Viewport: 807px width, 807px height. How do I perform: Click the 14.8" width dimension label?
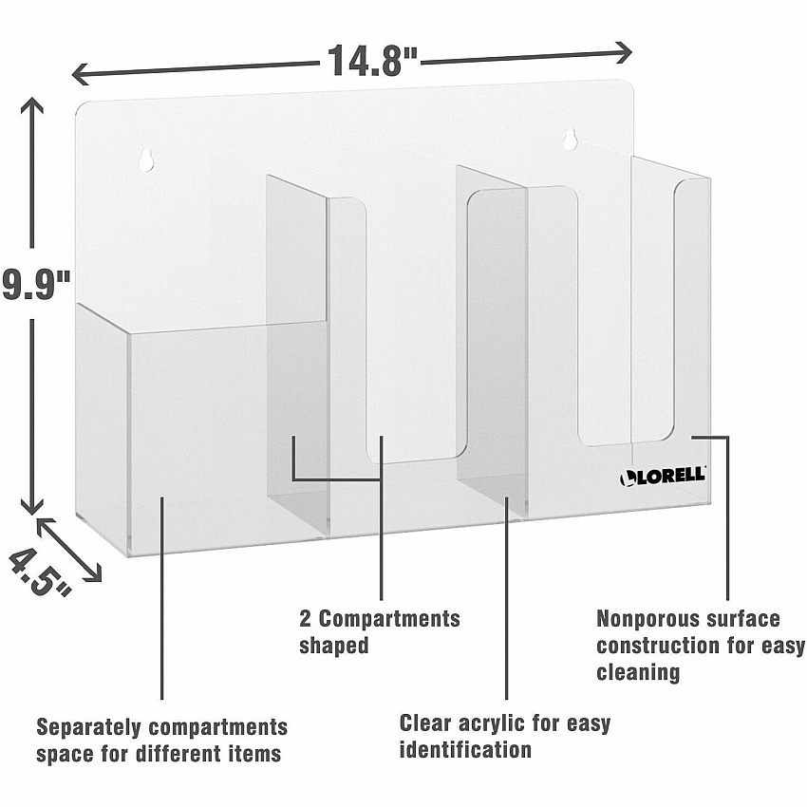coord(372,61)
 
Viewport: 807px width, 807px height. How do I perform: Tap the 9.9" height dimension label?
coord(35,284)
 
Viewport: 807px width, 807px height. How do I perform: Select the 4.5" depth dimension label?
coord(39,572)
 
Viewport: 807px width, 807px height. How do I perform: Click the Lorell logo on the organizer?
coord(663,476)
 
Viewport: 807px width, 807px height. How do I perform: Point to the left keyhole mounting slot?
coord(145,160)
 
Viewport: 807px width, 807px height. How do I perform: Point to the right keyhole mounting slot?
coord(570,139)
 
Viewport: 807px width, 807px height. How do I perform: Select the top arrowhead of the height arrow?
coord(32,105)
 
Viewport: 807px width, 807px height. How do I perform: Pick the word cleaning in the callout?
coord(638,672)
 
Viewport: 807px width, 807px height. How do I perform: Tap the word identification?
coord(465,749)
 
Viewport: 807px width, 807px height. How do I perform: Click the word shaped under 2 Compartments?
coord(334,646)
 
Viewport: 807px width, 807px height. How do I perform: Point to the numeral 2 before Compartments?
coord(305,619)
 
